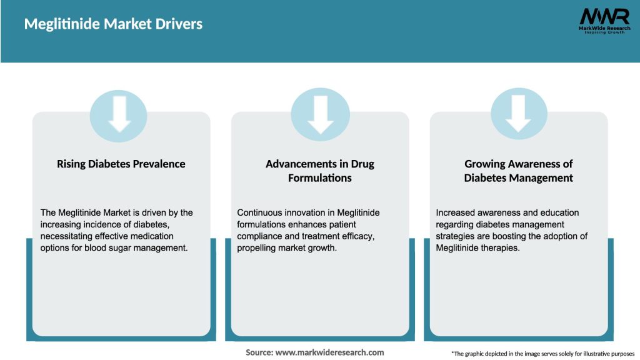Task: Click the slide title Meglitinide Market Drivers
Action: point(113,24)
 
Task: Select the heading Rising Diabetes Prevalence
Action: point(121,164)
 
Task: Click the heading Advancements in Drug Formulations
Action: point(320,171)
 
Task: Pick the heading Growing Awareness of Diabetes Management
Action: point(518,171)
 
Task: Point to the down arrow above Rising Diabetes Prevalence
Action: point(119,114)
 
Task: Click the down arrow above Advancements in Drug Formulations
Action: point(320,114)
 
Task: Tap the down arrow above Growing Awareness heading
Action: point(518,114)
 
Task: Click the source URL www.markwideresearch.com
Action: point(329,352)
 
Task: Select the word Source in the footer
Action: point(259,352)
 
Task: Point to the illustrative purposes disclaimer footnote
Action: point(542,354)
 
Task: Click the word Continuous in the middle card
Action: point(259,212)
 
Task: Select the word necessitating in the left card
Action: point(67,236)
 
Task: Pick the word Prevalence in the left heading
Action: point(161,164)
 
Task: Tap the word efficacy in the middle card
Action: point(357,236)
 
